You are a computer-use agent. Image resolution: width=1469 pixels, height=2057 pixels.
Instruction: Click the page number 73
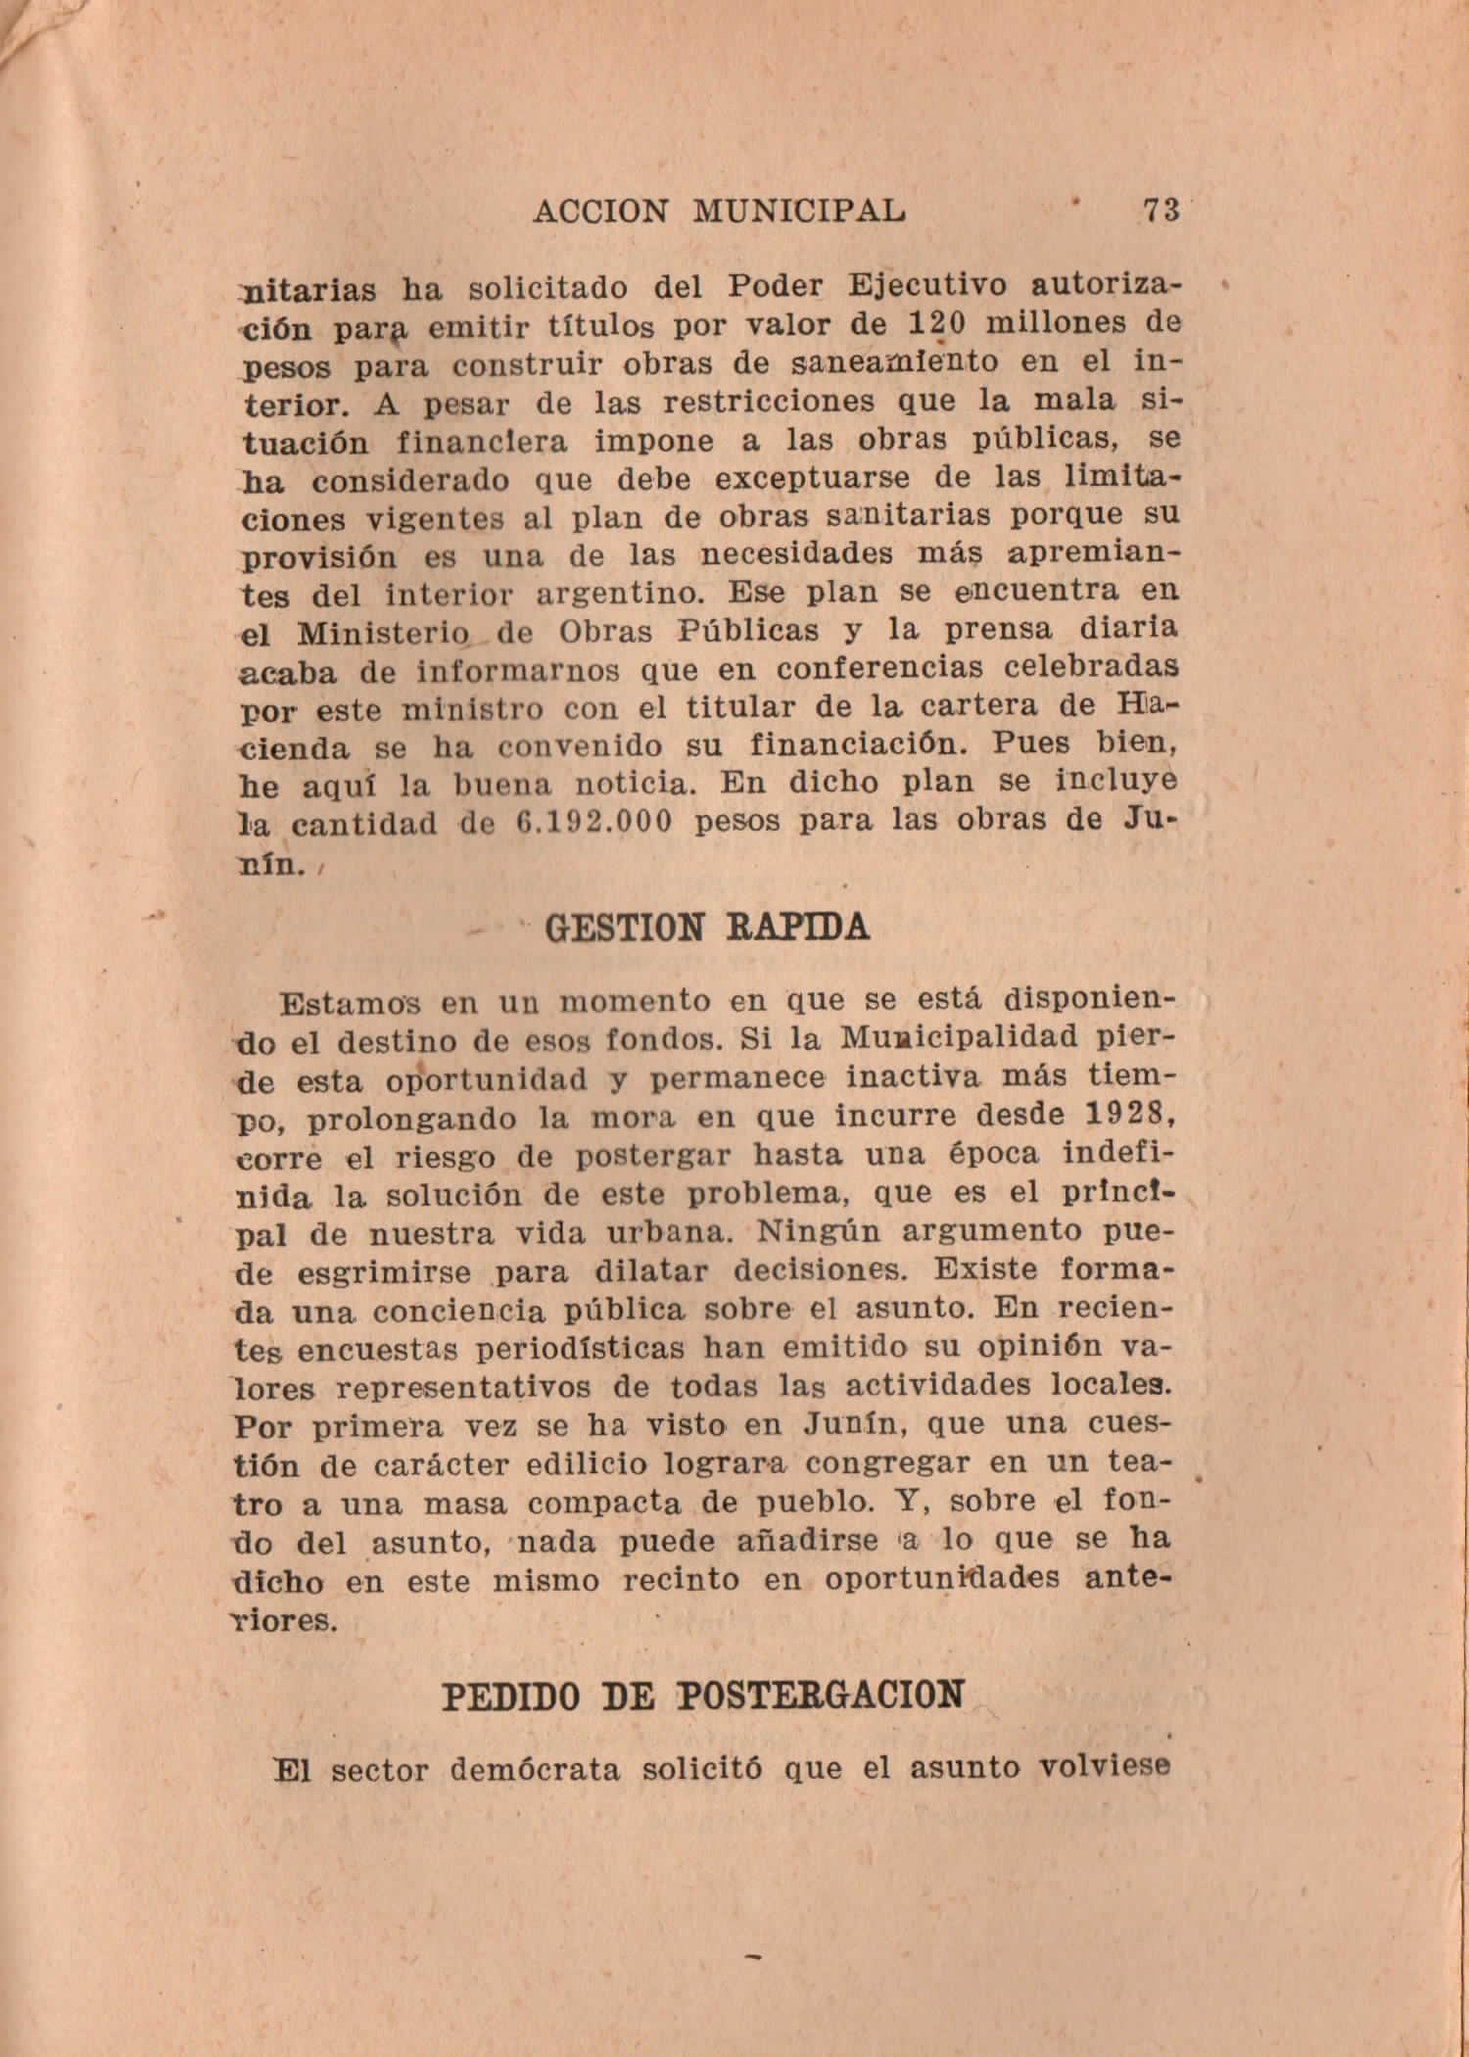1161,211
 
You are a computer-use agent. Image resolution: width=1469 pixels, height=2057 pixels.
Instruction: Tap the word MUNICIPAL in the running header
798,210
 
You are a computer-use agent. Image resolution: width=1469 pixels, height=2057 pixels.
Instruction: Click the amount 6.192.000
593,822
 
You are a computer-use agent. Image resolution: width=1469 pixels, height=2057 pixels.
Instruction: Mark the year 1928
1129,1114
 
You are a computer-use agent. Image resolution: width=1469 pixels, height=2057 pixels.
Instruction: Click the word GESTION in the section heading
624,928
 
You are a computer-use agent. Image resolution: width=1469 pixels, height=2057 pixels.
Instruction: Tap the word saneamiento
894,362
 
